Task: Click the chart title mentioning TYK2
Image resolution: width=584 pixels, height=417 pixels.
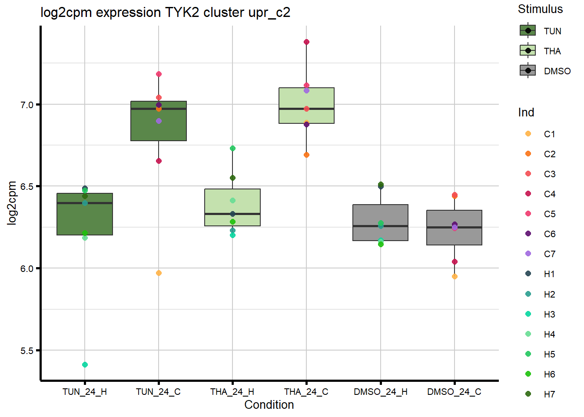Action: tap(165, 12)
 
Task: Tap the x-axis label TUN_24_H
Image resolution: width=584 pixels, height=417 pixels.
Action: tap(85, 392)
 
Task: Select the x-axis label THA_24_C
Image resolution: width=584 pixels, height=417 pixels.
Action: tap(306, 392)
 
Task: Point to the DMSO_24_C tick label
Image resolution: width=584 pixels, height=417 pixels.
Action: tap(454, 392)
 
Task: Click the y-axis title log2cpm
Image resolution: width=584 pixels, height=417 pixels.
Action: tap(12, 203)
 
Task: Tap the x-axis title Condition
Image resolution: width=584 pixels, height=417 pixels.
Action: tap(269, 405)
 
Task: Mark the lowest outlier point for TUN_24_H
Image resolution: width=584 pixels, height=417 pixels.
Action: tap(85, 364)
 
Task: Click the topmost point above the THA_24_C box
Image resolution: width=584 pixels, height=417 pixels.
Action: tap(306, 42)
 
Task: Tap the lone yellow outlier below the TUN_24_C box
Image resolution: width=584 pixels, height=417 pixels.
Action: tap(159, 273)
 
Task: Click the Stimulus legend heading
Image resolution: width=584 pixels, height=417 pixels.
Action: tap(540, 9)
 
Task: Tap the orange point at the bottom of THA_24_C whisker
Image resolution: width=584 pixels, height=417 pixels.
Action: tap(306, 155)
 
